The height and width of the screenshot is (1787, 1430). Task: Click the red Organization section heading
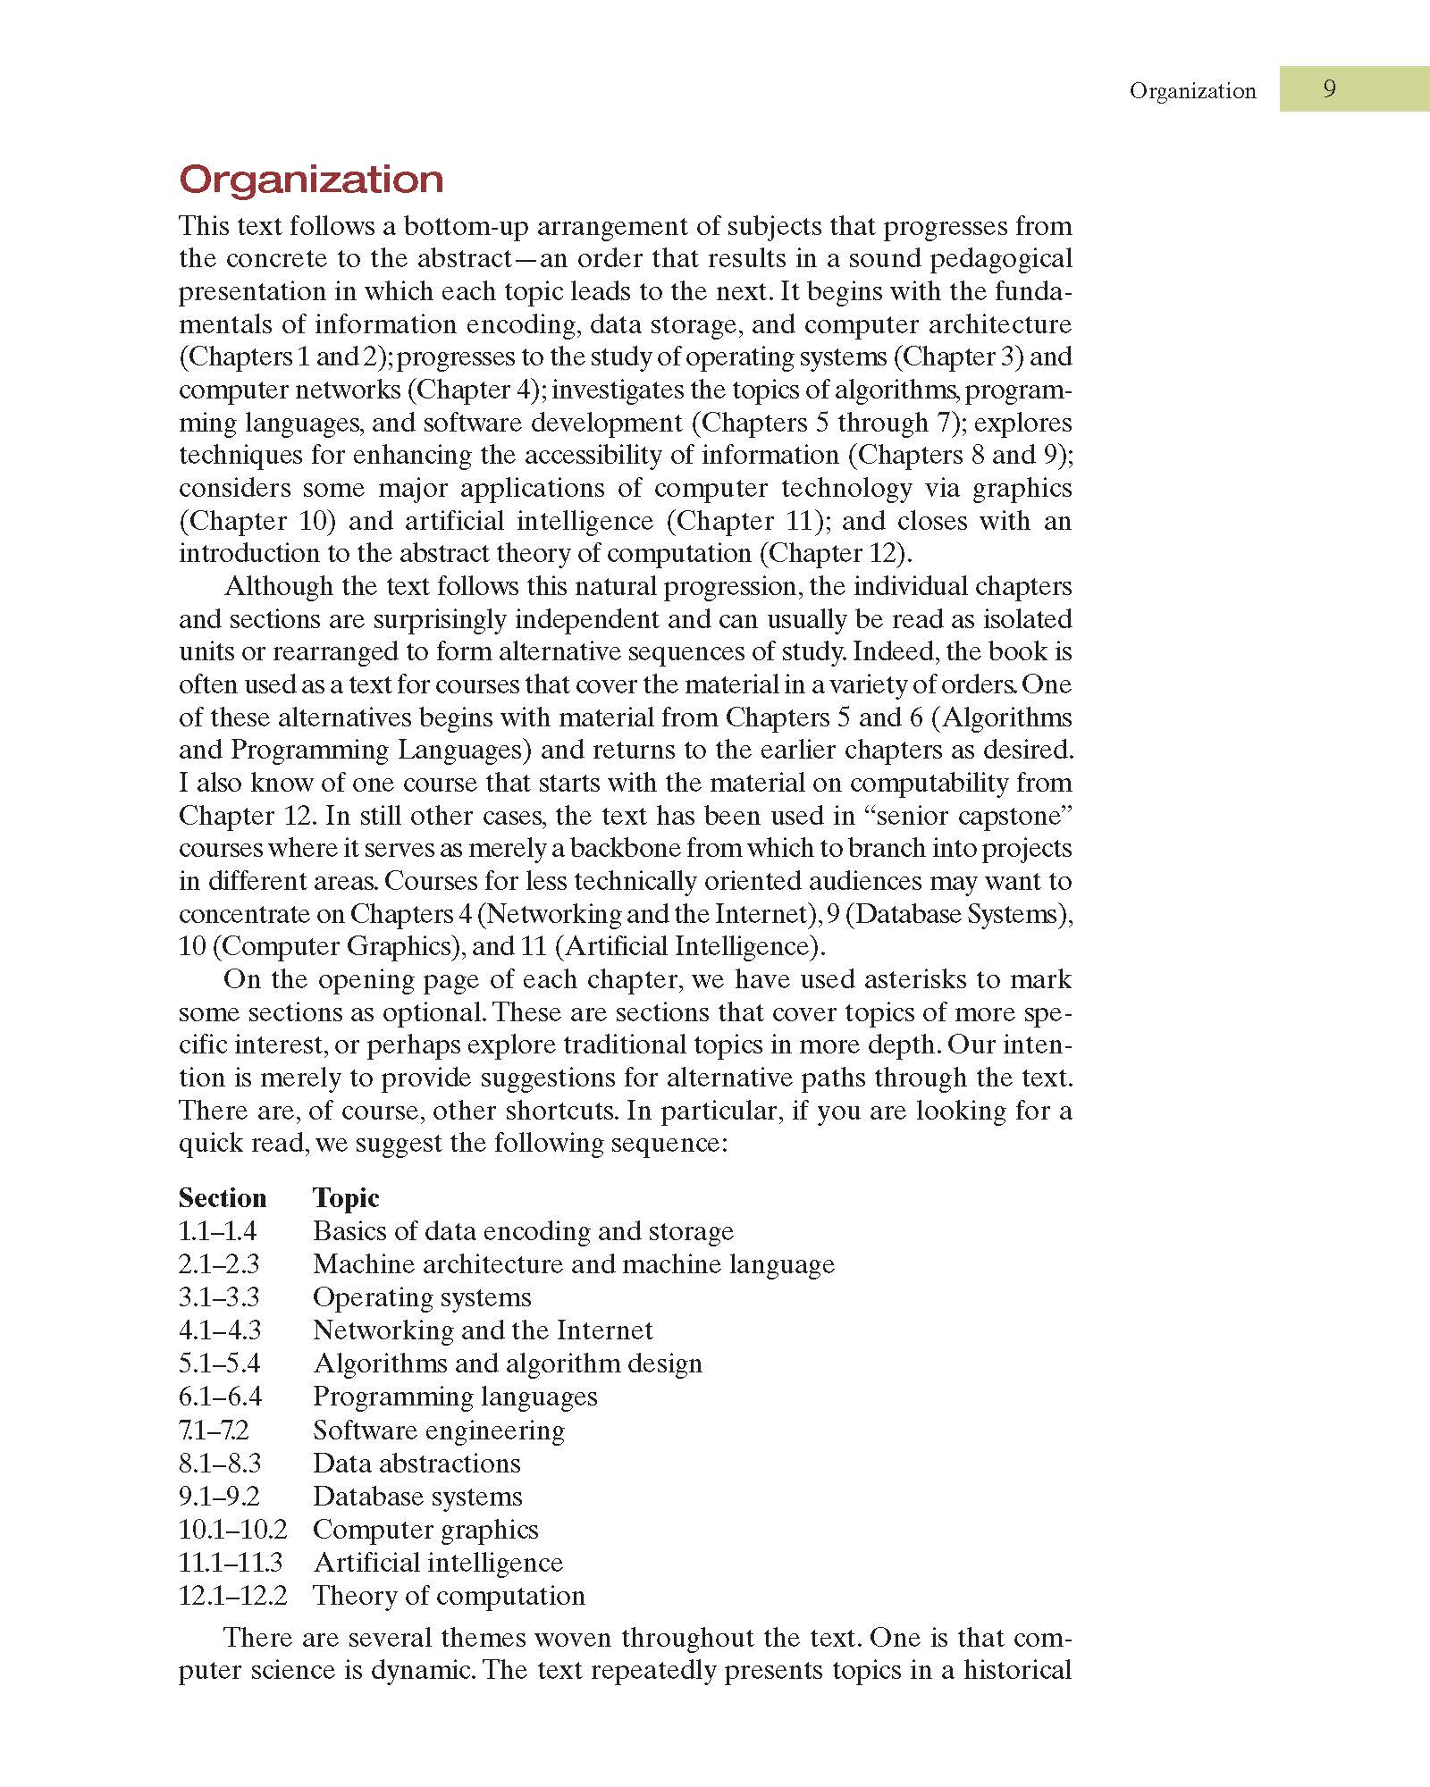(311, 180)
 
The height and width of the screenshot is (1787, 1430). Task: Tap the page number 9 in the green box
(1329, 88)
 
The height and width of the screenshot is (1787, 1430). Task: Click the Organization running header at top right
(1192, 90)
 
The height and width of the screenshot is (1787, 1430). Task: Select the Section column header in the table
(223, 1198)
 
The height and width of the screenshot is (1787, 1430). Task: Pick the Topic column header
(346, 1198)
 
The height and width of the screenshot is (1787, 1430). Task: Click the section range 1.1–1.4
(217, 1231)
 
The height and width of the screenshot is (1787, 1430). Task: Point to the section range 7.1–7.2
(214, 1430)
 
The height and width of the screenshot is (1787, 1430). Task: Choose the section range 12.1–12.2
(232, 1596)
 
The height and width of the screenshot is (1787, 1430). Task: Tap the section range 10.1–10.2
(232, 1530)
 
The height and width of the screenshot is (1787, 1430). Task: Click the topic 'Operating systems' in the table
(422, 1297)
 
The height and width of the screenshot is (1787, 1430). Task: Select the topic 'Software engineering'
(439, 1430)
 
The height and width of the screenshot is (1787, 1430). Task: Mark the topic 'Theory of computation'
(449, 1596)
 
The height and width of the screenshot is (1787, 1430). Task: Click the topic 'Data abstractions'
(416, 1464)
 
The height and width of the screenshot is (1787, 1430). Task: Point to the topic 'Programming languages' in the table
(455, 1397)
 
